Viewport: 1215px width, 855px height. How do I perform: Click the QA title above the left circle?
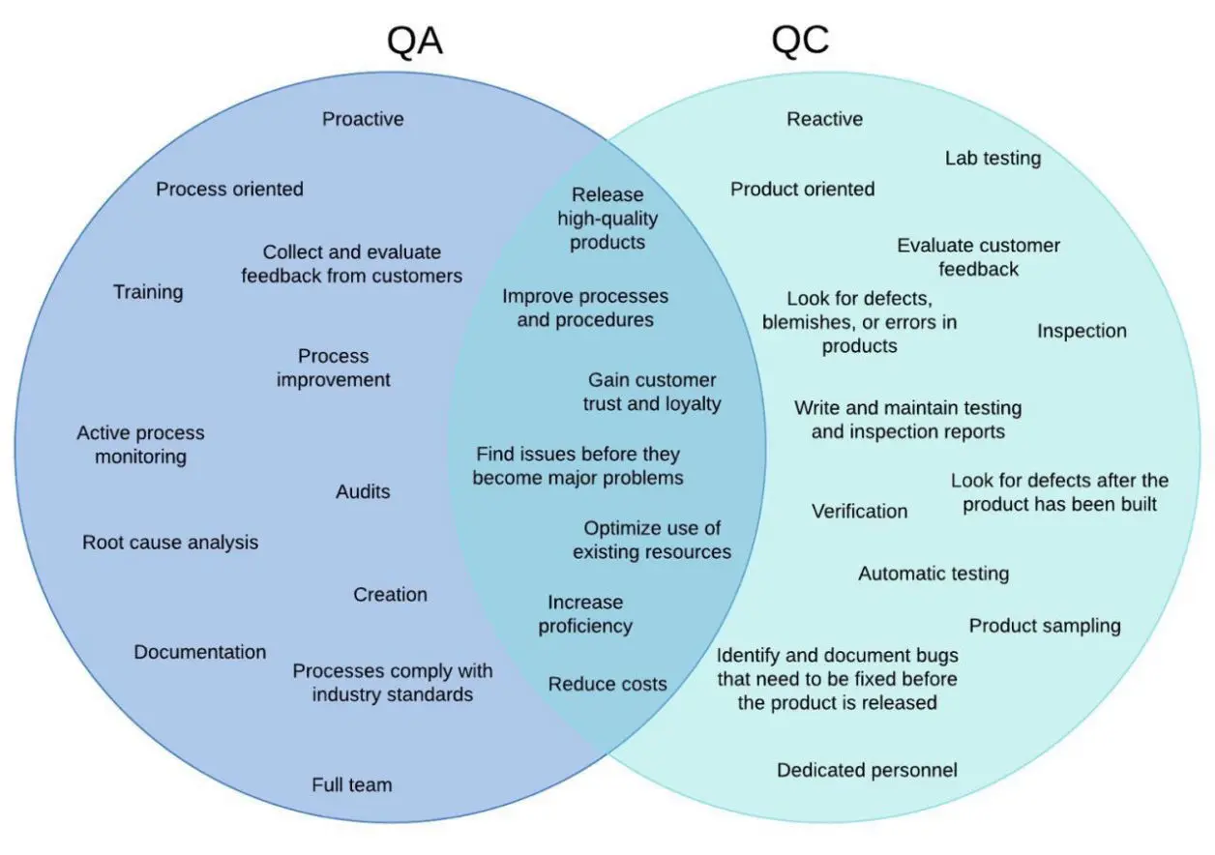pos(415,42)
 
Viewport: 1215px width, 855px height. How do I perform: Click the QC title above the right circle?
pos(800,42)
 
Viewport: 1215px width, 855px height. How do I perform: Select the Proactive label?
pos(363,119)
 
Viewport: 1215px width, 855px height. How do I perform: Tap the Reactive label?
pos(824,119)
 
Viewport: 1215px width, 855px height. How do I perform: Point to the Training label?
pos(148,292)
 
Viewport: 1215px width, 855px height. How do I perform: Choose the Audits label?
pos(363,491)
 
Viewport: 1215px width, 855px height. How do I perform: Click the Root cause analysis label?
pos(170,543)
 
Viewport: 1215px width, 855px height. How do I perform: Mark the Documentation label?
pos(200,652)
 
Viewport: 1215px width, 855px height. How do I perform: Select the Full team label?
pos(352,784)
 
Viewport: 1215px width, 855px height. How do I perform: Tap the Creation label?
pos(390,595)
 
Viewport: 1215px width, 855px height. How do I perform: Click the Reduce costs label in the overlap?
pos(607,684)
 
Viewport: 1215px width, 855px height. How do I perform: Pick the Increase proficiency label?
pos(585,614)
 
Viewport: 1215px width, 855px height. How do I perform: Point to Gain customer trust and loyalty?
pos(652,392)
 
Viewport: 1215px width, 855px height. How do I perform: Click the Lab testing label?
pos(993,158)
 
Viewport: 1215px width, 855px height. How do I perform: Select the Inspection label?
pos(1082,331)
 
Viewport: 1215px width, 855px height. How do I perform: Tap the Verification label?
pos(859,511)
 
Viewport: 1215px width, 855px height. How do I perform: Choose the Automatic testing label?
pos(933,574)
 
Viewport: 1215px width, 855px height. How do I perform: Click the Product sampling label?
pos(1045,626)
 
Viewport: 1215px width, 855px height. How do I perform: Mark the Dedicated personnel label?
pos(867,770)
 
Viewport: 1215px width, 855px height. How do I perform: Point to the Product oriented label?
pos(802,189)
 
